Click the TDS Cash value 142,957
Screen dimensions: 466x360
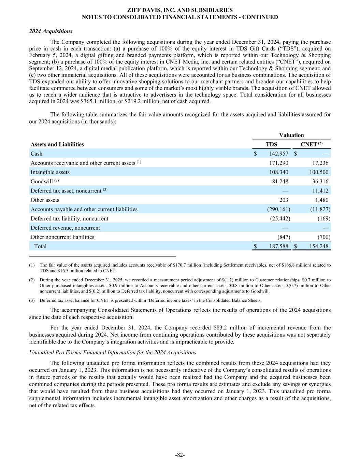pos(279,154)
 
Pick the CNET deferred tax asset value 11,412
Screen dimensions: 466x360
pos(320,190)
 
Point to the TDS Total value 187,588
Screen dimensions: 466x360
pos(279,246)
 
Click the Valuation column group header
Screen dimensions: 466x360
pos(291,135)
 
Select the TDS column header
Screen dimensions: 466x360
pos(272,144)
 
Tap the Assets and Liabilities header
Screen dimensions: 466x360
pos(57,144)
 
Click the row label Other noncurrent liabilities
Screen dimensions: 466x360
pos(62,237)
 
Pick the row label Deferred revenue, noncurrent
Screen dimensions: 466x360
pos(65,228)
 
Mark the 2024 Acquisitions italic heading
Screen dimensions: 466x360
pos(51,31)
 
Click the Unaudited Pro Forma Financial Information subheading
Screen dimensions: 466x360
pos(113,352)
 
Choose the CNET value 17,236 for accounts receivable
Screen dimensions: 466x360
pos(320,163)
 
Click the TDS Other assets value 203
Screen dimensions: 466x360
pos(284,200)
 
